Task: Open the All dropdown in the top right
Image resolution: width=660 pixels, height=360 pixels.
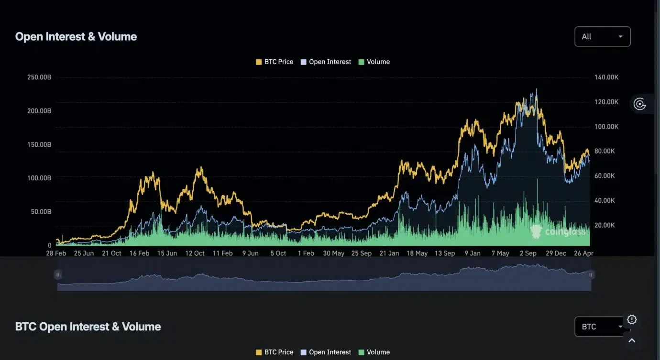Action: pyautogui.click(x=602, y=36)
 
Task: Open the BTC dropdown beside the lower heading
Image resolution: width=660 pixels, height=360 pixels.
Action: pyautogui.click(x=600, y=327)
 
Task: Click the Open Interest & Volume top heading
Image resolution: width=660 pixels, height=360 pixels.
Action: pyautogui.click(x=76, y=36)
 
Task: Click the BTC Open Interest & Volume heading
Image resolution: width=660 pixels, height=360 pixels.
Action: pyautogui.click(x=88, y=327)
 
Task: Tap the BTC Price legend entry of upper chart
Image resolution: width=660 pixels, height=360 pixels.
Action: pyautogui.click(x=275, y=62)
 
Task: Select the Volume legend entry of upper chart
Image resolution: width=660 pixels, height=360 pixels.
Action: pyautogui.click(x=374, y=62)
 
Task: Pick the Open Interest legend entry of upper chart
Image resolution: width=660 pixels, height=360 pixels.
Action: pyautogui.click(x=326, y=62)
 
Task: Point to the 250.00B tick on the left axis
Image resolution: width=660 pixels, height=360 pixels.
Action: pyautogui.click(x=39, y=77)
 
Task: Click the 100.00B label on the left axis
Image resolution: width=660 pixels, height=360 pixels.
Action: pyautogui.click(x=39, y=178)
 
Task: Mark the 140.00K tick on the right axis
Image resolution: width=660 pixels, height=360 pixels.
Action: pyautogui.click(x=606, y=77)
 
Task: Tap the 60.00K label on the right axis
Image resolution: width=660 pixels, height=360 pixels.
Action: pyautogui.click(x=605, y=176)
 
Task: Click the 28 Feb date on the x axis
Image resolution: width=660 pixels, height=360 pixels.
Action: pyautogui.click(x=56, y=253)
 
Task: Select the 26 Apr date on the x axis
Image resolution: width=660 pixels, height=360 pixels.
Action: pyautogui.click(x=583, y=253)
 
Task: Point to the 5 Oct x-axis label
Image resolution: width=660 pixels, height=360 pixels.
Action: pyautogui.click(x=278, y=253)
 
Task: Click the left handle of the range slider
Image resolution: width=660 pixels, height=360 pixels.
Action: pyautogui.click(x=58, y=275)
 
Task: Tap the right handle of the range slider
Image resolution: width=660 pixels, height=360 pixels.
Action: pyautogui.click(x=591, y=275)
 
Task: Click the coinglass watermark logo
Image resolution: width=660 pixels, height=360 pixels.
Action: pyautogui.click(x=558, y=232)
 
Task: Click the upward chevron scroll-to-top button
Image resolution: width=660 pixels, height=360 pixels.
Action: pyautogui.click(x=632, y=341)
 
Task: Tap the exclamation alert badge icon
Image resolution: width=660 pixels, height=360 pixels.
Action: pyautogui.click(x=632, y=320)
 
